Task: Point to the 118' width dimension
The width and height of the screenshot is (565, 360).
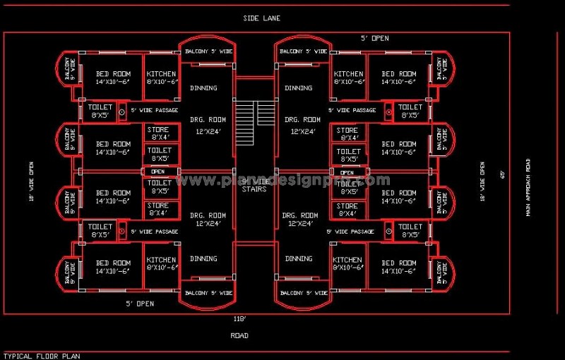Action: [x=240, y=319]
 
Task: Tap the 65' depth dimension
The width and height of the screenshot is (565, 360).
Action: [x=504, y=174]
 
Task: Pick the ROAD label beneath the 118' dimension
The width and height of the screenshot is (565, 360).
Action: [x=239, y=335]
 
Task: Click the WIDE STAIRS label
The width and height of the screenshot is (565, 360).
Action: [x=254, y=185]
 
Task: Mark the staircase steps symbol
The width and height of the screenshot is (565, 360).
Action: [x=254, y=113]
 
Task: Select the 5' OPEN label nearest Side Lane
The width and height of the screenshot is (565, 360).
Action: [x=374, y=38]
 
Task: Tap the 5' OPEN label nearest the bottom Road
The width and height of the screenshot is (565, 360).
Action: [x=140, y=304]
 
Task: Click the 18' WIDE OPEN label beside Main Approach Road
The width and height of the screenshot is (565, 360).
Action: [x=482, y=182]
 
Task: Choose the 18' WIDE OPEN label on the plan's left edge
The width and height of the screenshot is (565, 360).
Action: [x=32, y=182]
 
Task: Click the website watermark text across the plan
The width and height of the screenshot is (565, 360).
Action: [x=282, y=180]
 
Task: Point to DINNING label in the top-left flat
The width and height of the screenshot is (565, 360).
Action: [x=203, y=88]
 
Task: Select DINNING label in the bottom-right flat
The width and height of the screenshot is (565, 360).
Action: [x=299, y=259]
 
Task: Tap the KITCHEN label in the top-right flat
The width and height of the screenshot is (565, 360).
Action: [x=349, y=74]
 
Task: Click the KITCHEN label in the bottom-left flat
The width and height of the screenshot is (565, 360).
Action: [x=161, y=260]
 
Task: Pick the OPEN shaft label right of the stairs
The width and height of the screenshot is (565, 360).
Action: [x=347, y=172]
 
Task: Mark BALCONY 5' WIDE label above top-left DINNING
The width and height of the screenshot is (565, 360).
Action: [x=208, y=52]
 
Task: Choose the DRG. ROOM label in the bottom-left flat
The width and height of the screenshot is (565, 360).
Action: [x=208, y=215]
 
